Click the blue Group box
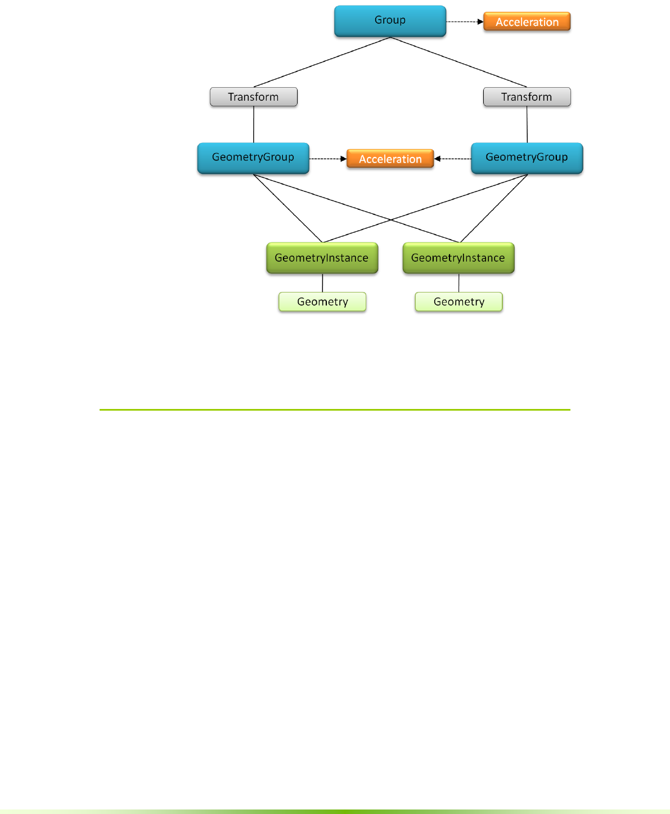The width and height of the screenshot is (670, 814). (x=390, y=21)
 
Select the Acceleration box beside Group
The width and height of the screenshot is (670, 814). (x=527, y=22)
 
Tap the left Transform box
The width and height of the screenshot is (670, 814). (x=253, y=97)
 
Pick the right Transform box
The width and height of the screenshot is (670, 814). (x=527, y=97)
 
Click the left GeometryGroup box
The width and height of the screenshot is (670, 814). (x=253, y=158)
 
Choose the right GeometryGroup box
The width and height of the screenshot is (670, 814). (x=527, y=158)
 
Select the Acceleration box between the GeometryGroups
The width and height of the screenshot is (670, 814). (x=390, y=159)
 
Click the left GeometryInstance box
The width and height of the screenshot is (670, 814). (x=322, y=258)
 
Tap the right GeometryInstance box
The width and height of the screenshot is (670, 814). (x=458, y=258)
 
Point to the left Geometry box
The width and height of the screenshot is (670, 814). (x=322, y=302)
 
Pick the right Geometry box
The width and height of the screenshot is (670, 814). (x=458, y=302)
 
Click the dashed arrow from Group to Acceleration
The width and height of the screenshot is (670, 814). (x=464, y=22)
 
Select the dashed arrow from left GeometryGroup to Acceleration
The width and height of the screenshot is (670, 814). (x=327, y=159)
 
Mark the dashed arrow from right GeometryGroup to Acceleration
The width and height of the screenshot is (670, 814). (x=453, y=159)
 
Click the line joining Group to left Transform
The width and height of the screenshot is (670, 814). (x=322, y=62)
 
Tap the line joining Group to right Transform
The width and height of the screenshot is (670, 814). (x=458, y=62)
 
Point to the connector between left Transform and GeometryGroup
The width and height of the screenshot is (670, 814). (x=254, y=124)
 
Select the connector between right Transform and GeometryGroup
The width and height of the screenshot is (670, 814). (x=527, y=124)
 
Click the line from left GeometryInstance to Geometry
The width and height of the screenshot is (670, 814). (x=322, y=283)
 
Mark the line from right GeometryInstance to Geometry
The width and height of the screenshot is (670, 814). (x=458, y=283)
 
